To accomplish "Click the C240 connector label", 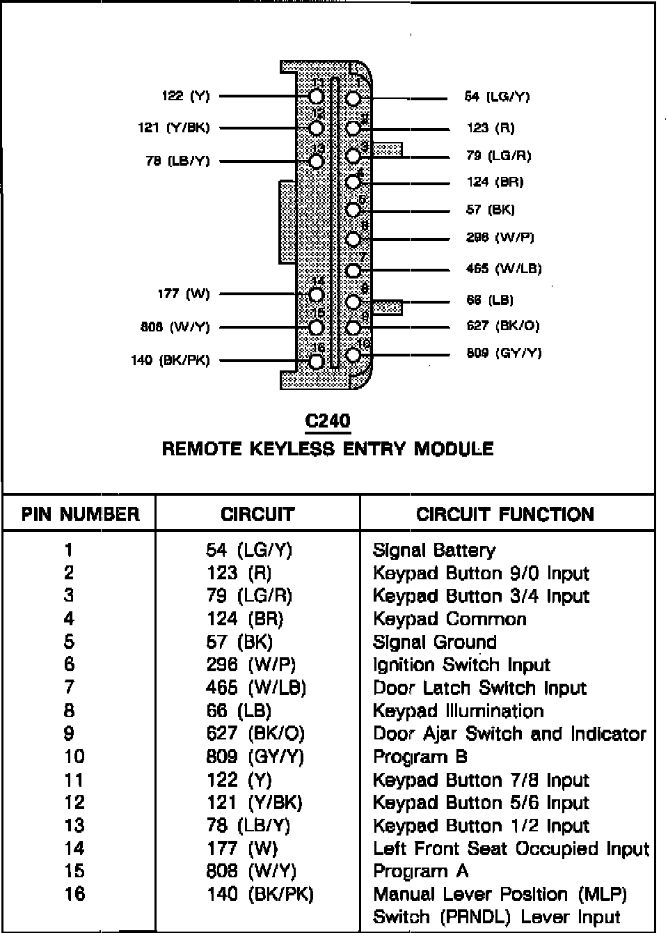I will [327, 421].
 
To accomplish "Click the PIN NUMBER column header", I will [80, 515].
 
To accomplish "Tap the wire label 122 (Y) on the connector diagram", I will [185, 96].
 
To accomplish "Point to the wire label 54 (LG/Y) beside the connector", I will [497, 97].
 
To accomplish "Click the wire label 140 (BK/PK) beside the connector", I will [170, 361].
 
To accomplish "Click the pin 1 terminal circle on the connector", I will [353, 97].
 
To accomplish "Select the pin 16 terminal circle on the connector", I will [317, 361].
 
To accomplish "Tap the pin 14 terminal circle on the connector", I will [317, 295].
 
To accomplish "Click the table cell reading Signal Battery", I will [434, 551].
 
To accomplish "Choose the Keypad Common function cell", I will [450, 619].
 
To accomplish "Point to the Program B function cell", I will [420, 757].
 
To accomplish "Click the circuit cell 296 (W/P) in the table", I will [250, 665].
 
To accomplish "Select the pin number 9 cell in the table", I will [69, 734].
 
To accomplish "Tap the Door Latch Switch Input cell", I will [479, 688].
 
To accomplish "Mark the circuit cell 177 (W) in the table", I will [241, 849].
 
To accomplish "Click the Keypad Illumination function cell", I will [458, 711].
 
